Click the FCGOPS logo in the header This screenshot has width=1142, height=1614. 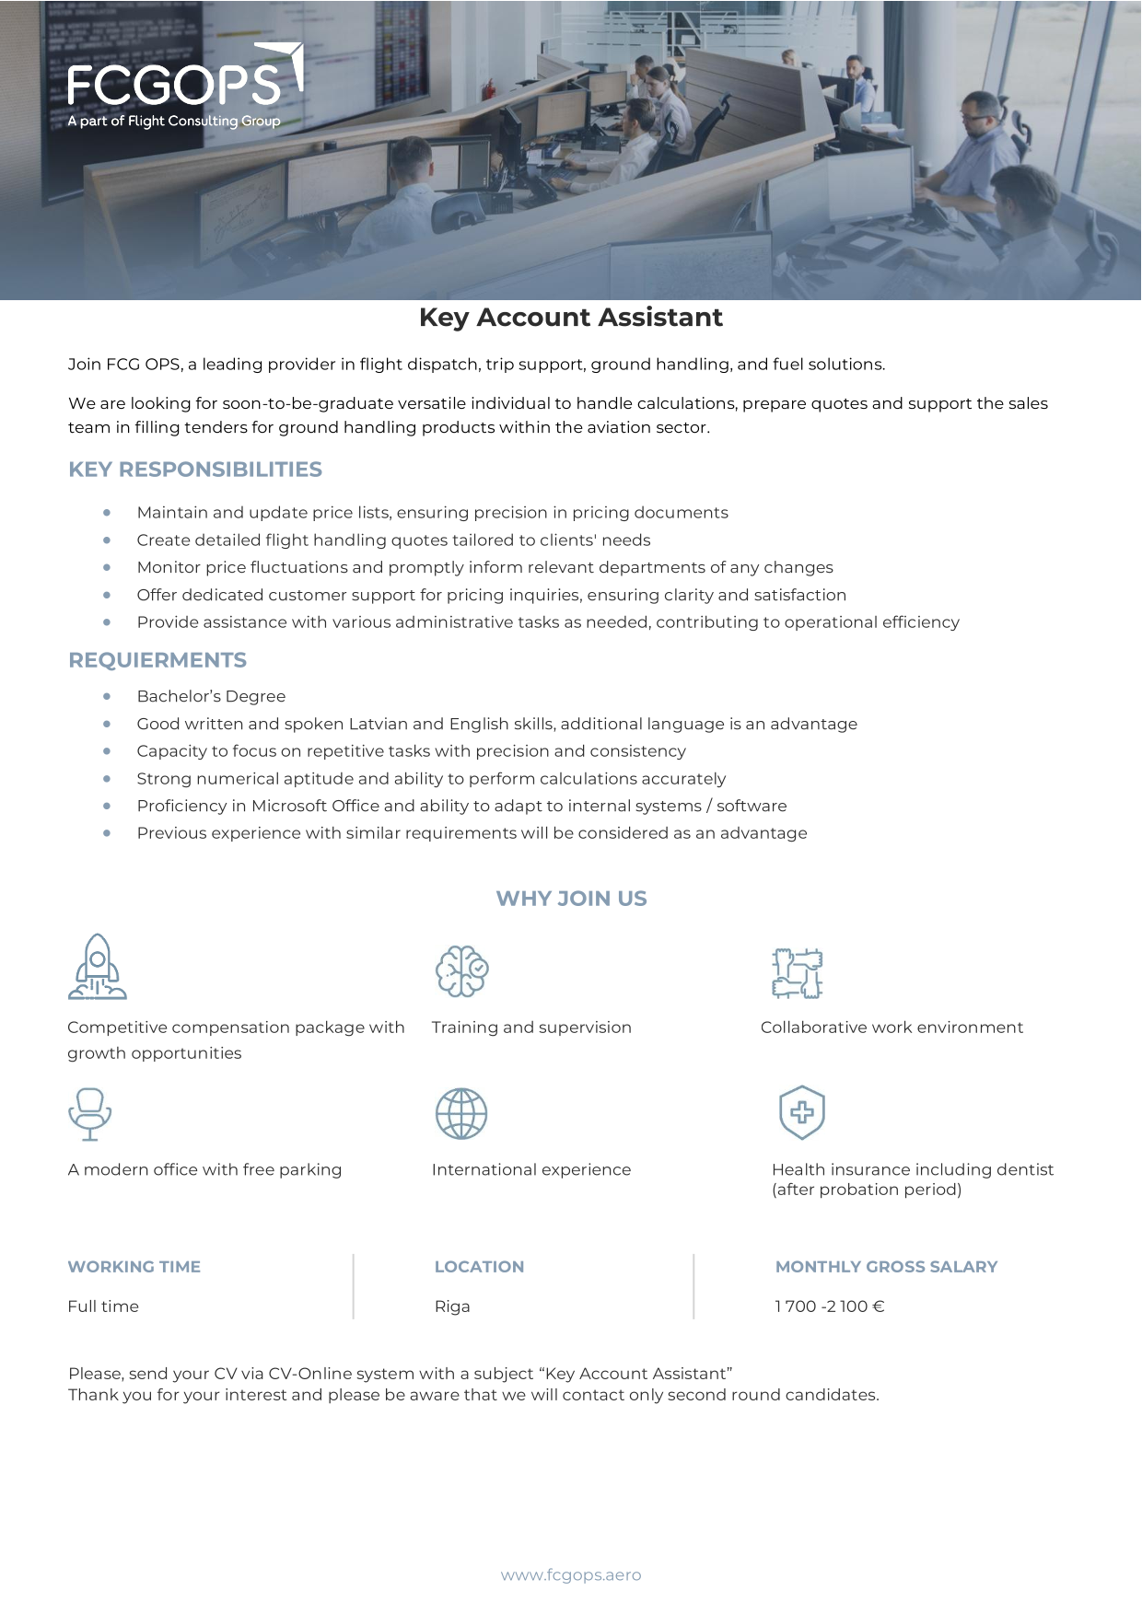[x=184, y=86]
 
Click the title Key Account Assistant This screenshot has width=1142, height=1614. [x=570, y=318]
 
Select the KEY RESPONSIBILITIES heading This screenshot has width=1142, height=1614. [x=195, y=470]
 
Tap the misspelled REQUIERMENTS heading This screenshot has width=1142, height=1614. [x=157, y=660]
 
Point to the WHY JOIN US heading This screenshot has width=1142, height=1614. [x=571, y=899]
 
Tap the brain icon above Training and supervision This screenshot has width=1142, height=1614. [x=461, y=971]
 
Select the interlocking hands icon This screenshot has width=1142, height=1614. [x=797, y=973]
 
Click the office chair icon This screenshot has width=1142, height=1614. [x=89, y=1114]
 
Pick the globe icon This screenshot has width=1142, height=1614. [x=461, y=1114]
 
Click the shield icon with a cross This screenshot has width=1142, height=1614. [x=801, y=1112]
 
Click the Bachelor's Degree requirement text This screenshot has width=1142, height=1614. [x=211, y=697]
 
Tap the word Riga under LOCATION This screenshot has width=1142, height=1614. [x=452, y=1306]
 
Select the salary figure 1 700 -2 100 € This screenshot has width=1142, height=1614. [x=829, y=1306]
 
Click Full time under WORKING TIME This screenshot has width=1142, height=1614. [x=103, y=1306]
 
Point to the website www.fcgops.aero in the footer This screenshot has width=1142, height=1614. [x=571, y=1575]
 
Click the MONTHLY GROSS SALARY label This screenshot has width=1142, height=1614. [x=886, y=1267]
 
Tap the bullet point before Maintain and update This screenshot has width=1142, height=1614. [x=108, y=512]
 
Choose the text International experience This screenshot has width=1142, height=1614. [x=531, y=1170]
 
